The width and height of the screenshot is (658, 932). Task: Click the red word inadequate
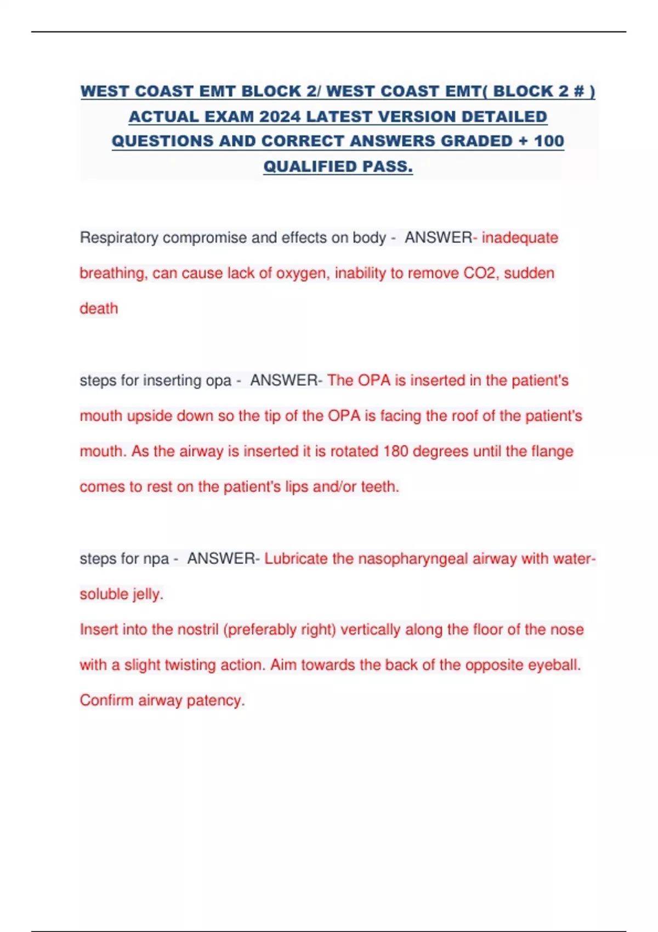[520, 238]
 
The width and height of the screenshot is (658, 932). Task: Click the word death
[99, 309]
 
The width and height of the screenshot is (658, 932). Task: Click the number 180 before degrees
[395, 452]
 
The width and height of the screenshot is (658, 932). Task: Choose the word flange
[552, 452]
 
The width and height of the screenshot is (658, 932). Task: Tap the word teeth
[379, 487]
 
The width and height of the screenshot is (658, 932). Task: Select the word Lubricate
[296, 559]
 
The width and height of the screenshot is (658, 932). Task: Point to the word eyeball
[554, 665]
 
